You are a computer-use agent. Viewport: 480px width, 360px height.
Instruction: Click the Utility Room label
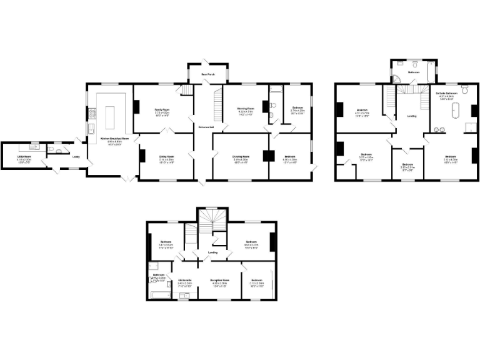(24, 156)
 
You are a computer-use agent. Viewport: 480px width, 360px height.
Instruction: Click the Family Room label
(163, 109)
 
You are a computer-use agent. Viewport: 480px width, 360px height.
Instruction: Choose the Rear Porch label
(207, 74)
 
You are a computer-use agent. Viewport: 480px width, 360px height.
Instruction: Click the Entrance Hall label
(206, 127)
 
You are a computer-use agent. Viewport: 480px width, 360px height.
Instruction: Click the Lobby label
(76, 156)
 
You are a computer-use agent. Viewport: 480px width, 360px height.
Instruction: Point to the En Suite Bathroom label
(446, 92)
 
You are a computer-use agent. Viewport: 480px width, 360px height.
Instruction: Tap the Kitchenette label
(184, 280)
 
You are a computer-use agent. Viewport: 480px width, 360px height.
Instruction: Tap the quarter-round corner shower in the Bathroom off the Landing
(397, 77)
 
